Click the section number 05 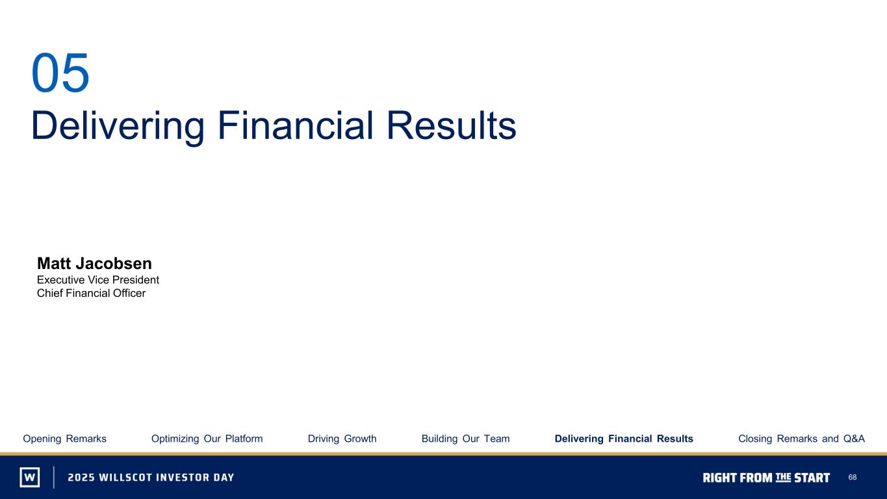[x=60, y=73]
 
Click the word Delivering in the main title [x=118, y=125]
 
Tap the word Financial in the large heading [x=296, y=125]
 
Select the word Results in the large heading [x=452, y=125]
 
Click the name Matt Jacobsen [x=94, y=263]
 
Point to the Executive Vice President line [x=98, y=280]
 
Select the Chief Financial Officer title [x=91, y=293]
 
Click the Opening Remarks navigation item [x=64, y=439]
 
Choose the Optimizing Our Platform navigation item [x=207, y=439]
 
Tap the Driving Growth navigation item [x=342, y=439]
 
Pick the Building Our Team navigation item [x=465, y=439]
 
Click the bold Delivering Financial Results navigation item [x=624, y=439]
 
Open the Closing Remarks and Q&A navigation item [x=801, y=439]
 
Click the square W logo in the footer [x=30, y=477]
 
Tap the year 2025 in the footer [x=81, y=478]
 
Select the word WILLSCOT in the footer [x=125, y=478]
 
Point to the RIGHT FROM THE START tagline [x=766, y=478]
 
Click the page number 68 [x=853, y=478]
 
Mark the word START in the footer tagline [x=812, y=478]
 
